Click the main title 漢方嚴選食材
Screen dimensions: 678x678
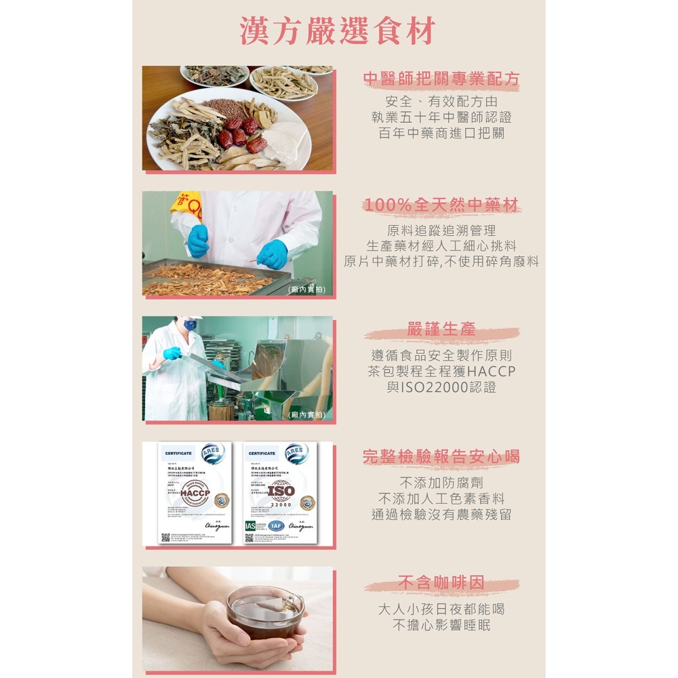[x=338, y=31]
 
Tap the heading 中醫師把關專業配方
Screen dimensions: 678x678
[x=441, y=79]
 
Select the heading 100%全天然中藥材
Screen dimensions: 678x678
[x=441, y=205]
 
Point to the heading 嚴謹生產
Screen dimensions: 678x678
[x=441, y=330]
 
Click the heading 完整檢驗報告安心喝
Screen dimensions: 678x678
[x=441, y=456]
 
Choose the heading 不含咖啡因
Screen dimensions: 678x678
[x=441, y=582]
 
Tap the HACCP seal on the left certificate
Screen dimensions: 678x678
[x=195, y=491]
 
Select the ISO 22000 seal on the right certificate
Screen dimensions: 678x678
[x=281, y=493]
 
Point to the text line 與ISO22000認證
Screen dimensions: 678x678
[x=441, y=388]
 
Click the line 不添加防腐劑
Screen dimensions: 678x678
[x=441, y=483]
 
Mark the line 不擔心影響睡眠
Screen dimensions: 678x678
[x=441, y=625]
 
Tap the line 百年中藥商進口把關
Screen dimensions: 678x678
[x=441, y=133]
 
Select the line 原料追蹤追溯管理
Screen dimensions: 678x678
[x=441, y=231]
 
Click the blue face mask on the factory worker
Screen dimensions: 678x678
[x=190, y=325]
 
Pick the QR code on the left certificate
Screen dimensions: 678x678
[x=165, y=538]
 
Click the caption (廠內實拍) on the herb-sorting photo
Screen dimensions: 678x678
[x=306, y=290]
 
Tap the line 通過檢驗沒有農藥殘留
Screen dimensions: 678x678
[x=441, y=515]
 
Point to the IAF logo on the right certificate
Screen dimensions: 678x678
[x=276, y=525]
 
